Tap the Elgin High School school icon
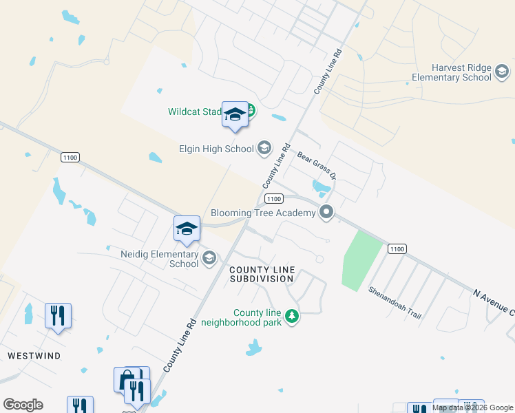click(263, 147)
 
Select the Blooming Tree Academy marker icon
click(327, 213)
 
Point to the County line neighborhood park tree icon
click(293, 316)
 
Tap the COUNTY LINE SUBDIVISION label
click(262, 274)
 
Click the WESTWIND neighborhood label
click(34, 355)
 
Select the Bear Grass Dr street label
click(316, 165)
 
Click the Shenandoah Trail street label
click(395, 302)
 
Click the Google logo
click(23, 405)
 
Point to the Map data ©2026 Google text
click(472, 407)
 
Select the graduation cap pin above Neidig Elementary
click(187, 229)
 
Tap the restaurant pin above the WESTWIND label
click(58, 316)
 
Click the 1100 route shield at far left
click(70, 158)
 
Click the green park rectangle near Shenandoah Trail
click(361, 260)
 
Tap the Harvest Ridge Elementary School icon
click(502, 72)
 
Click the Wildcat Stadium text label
click(194, 112)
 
